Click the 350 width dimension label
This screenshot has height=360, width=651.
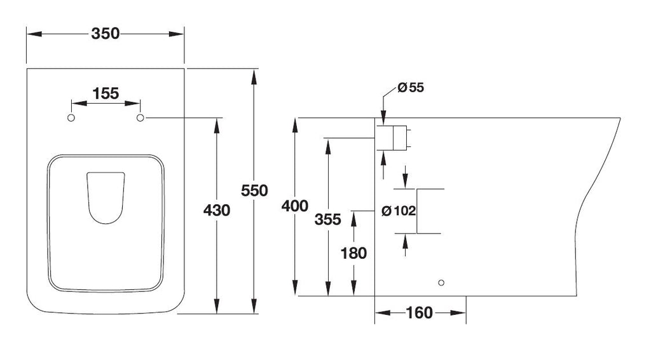pyautogui.click(x=106, y=34)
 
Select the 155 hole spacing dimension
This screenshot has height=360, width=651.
pyautogui.click(x=106, y=93)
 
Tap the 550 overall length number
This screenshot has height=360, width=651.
pyautogui.click(x=254, y=191)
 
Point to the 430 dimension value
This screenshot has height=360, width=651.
pyautogui.click(x=217, y=211)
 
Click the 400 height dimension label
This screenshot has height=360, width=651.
pyautogui.click(x=295, y=206)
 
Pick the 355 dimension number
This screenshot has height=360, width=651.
pyautogui.click(x=327, y=219)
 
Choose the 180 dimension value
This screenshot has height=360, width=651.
pyautogui.click(x=353, y=253)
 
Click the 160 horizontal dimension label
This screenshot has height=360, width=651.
pyautogui.click(x=420, y=313)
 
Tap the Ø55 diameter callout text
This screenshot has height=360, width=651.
pyautogui.click(x=411, y=88)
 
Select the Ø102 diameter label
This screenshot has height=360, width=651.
pyautogui.click(x=399, y=211)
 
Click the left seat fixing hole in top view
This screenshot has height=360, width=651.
pyautogui.click(x=71, y=118)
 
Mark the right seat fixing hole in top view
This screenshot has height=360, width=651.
pyautogui.click(x=140, y=118)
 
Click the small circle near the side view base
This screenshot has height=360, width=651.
pyautogui.click(x=441, y=283)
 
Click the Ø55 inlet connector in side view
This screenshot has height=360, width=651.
pyautogui.click(x=393, y=137)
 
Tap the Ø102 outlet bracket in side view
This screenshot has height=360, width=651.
pyautogui.click(x=417, y=211)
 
